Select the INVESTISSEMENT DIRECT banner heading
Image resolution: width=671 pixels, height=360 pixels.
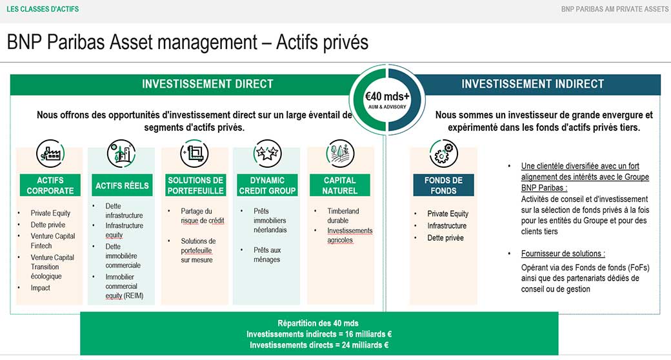[207, 84]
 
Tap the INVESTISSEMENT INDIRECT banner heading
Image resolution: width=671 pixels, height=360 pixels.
[532, 84]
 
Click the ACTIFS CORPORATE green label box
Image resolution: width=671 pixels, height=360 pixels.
[50, 185]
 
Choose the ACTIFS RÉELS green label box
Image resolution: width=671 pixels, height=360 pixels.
[122, 185]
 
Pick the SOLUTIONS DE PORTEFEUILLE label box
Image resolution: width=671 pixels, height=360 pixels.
[195, 185]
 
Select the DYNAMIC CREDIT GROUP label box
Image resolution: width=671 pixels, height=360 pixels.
[267, 185]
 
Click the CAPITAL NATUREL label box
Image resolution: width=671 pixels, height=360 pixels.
[339, 185]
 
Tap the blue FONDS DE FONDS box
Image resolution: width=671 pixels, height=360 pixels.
[443, 185]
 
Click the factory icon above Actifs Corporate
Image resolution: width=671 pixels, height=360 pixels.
[50, 154]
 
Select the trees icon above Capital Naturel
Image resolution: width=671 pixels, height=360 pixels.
[339, 154]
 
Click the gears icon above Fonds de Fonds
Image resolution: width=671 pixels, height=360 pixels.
[443, 154]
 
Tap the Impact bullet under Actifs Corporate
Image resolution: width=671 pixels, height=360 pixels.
[41, 288]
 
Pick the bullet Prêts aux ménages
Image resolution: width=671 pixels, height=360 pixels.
[267, 254]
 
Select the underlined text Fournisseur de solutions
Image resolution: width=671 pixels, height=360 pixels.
[563, 254]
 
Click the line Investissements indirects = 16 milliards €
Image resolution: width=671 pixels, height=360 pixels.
[319, 334]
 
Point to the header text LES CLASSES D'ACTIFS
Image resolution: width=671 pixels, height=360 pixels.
[43, 9]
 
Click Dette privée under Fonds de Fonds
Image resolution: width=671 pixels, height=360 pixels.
[445, 238]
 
